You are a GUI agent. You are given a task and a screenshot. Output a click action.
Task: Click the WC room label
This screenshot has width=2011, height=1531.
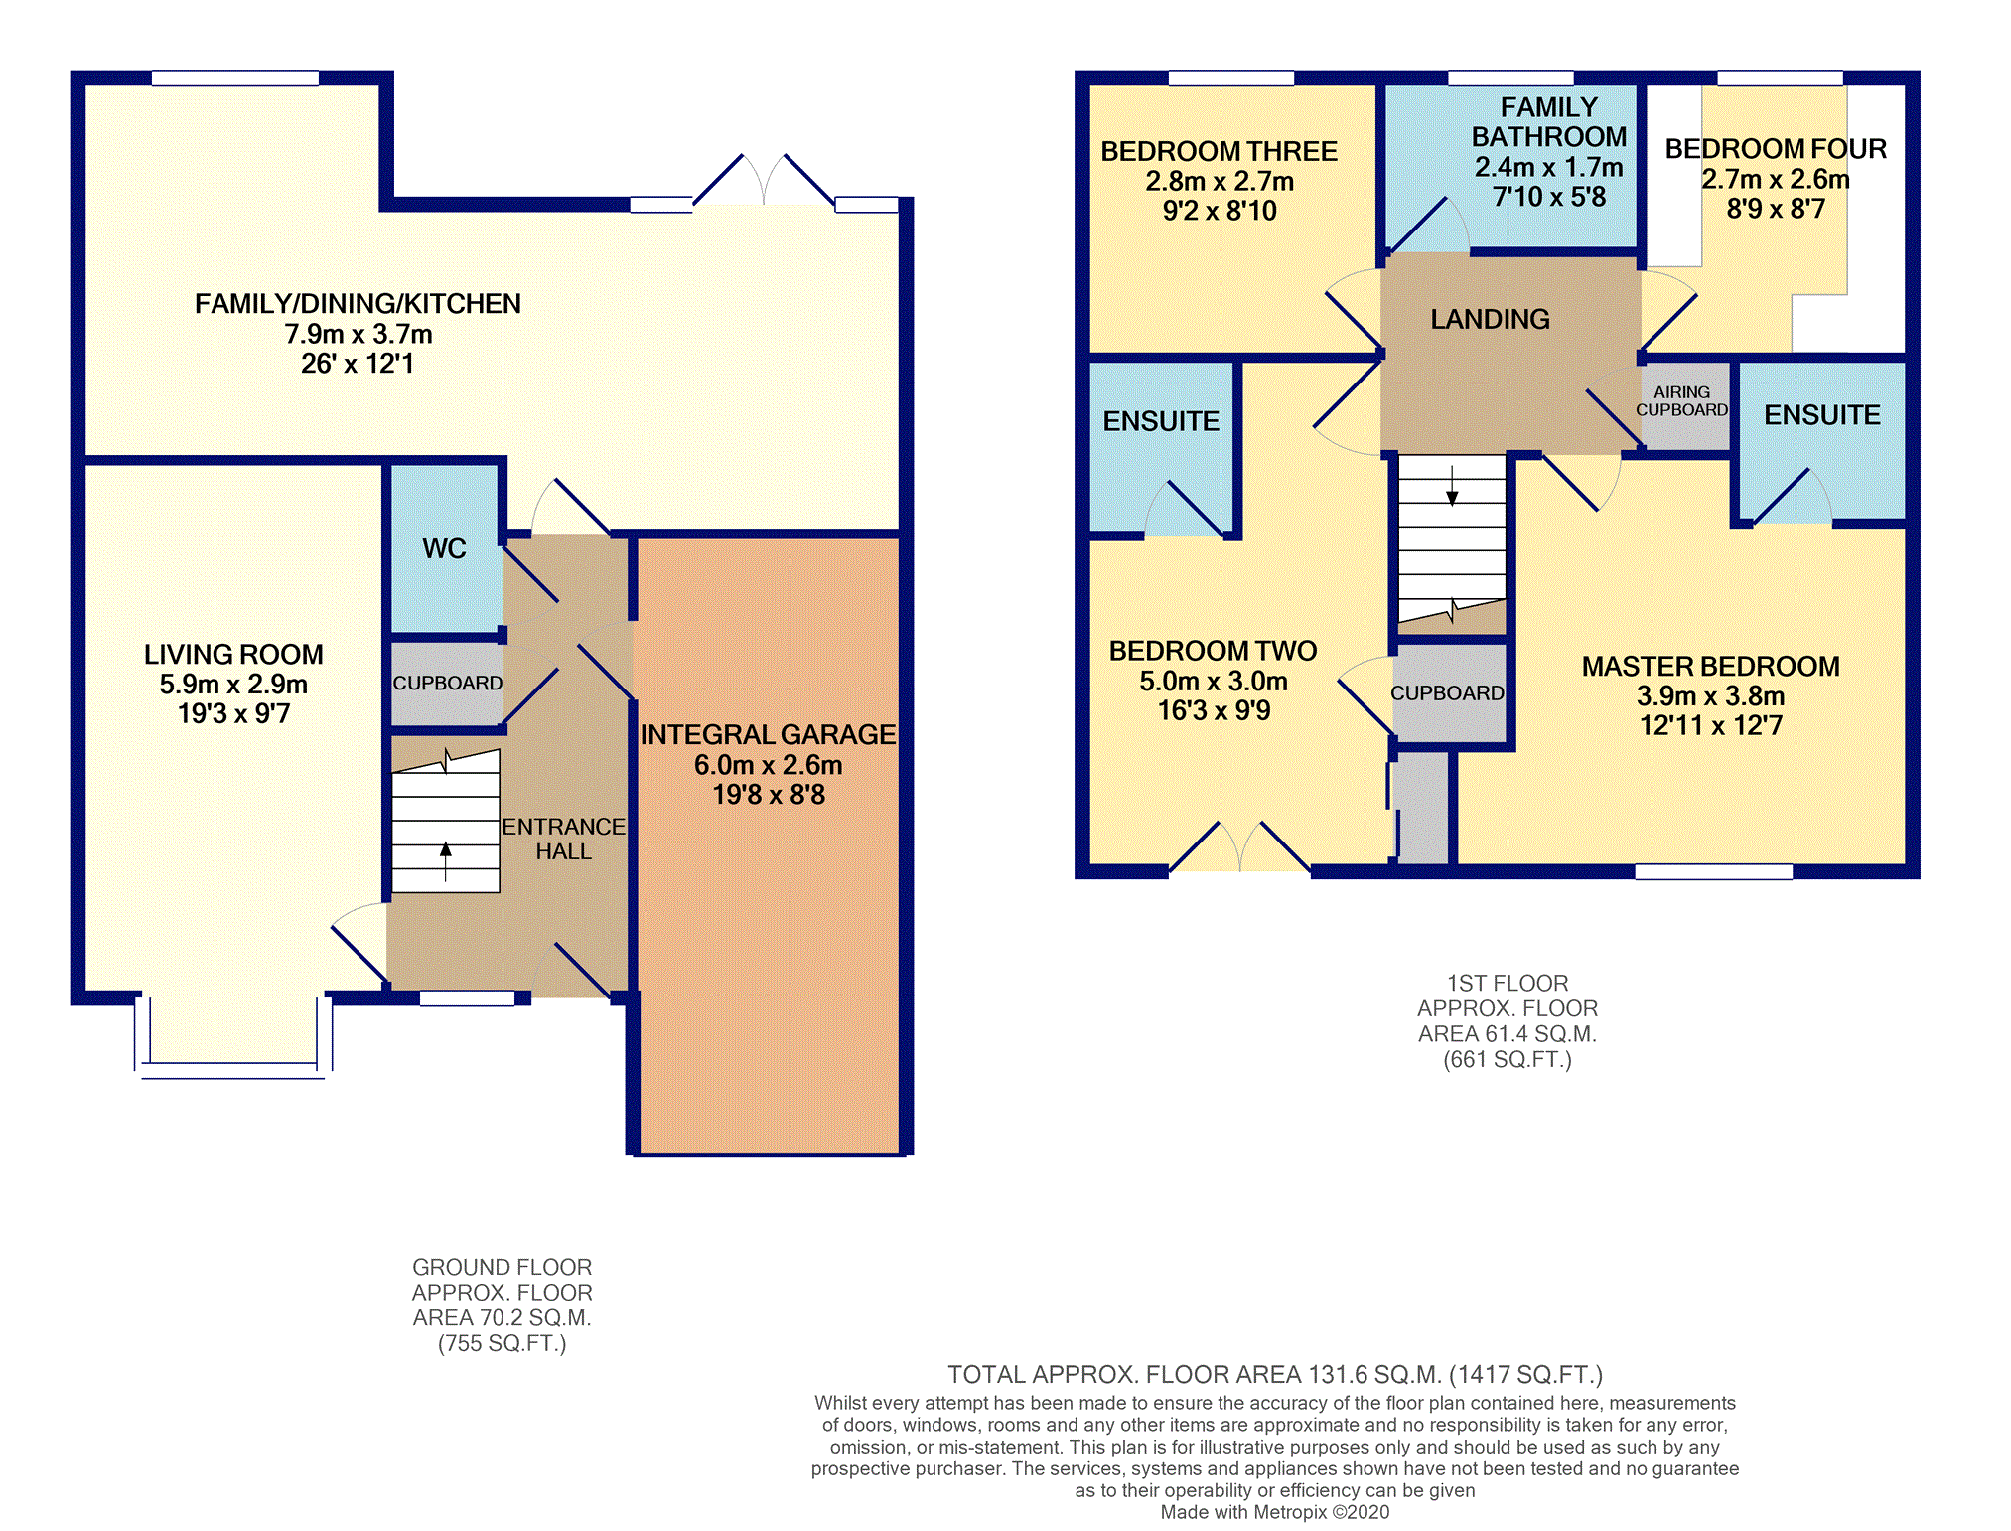click(444, 548)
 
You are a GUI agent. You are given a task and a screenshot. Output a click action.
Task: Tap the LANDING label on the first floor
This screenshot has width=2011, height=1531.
click(1490, 319)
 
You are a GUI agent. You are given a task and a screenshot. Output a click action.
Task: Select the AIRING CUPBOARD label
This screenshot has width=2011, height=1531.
click(1682, 401)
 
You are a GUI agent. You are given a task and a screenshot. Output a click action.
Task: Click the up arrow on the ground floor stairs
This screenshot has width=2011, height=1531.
click(446, 861)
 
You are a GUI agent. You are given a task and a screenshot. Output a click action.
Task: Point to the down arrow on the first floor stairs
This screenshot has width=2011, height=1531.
click(1452, 486)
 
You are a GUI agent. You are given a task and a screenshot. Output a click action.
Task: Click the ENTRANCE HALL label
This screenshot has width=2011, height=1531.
click(563, 839)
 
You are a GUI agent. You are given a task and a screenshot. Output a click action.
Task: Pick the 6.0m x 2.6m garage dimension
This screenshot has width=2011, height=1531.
click(768, 765)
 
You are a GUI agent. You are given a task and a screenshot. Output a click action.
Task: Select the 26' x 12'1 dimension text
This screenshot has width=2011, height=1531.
click(358, 364)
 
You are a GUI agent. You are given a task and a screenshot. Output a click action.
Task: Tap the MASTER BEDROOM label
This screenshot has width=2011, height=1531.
click(1710, 666)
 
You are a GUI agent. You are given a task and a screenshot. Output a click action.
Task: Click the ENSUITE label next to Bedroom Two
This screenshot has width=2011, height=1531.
click(1161, 421)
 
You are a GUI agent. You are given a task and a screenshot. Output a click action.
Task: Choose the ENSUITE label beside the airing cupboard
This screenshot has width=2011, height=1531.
click(1822, 415)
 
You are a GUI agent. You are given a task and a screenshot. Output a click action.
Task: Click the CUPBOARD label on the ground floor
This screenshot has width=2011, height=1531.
click(448, 684)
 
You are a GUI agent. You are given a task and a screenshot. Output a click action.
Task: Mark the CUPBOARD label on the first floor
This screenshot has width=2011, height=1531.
click(1447, 693)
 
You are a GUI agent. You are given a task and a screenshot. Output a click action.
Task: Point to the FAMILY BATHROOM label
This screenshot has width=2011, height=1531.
click(1549, 121)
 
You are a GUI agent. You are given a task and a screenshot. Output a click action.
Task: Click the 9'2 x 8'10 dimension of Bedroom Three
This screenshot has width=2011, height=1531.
click(1220, 211)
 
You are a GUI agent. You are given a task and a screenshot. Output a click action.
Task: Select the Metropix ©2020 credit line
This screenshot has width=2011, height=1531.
click(1275, 1512)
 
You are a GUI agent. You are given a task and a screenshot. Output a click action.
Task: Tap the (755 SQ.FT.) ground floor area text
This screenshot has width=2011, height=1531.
click(503, 1344)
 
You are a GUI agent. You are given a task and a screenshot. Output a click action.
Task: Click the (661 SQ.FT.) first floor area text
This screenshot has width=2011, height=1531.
click(1508, 1060)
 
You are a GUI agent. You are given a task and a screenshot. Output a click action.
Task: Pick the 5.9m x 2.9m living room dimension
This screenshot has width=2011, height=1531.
click(233, 685)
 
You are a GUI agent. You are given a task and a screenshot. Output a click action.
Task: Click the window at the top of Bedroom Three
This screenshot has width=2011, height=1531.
click(1231, 78)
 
